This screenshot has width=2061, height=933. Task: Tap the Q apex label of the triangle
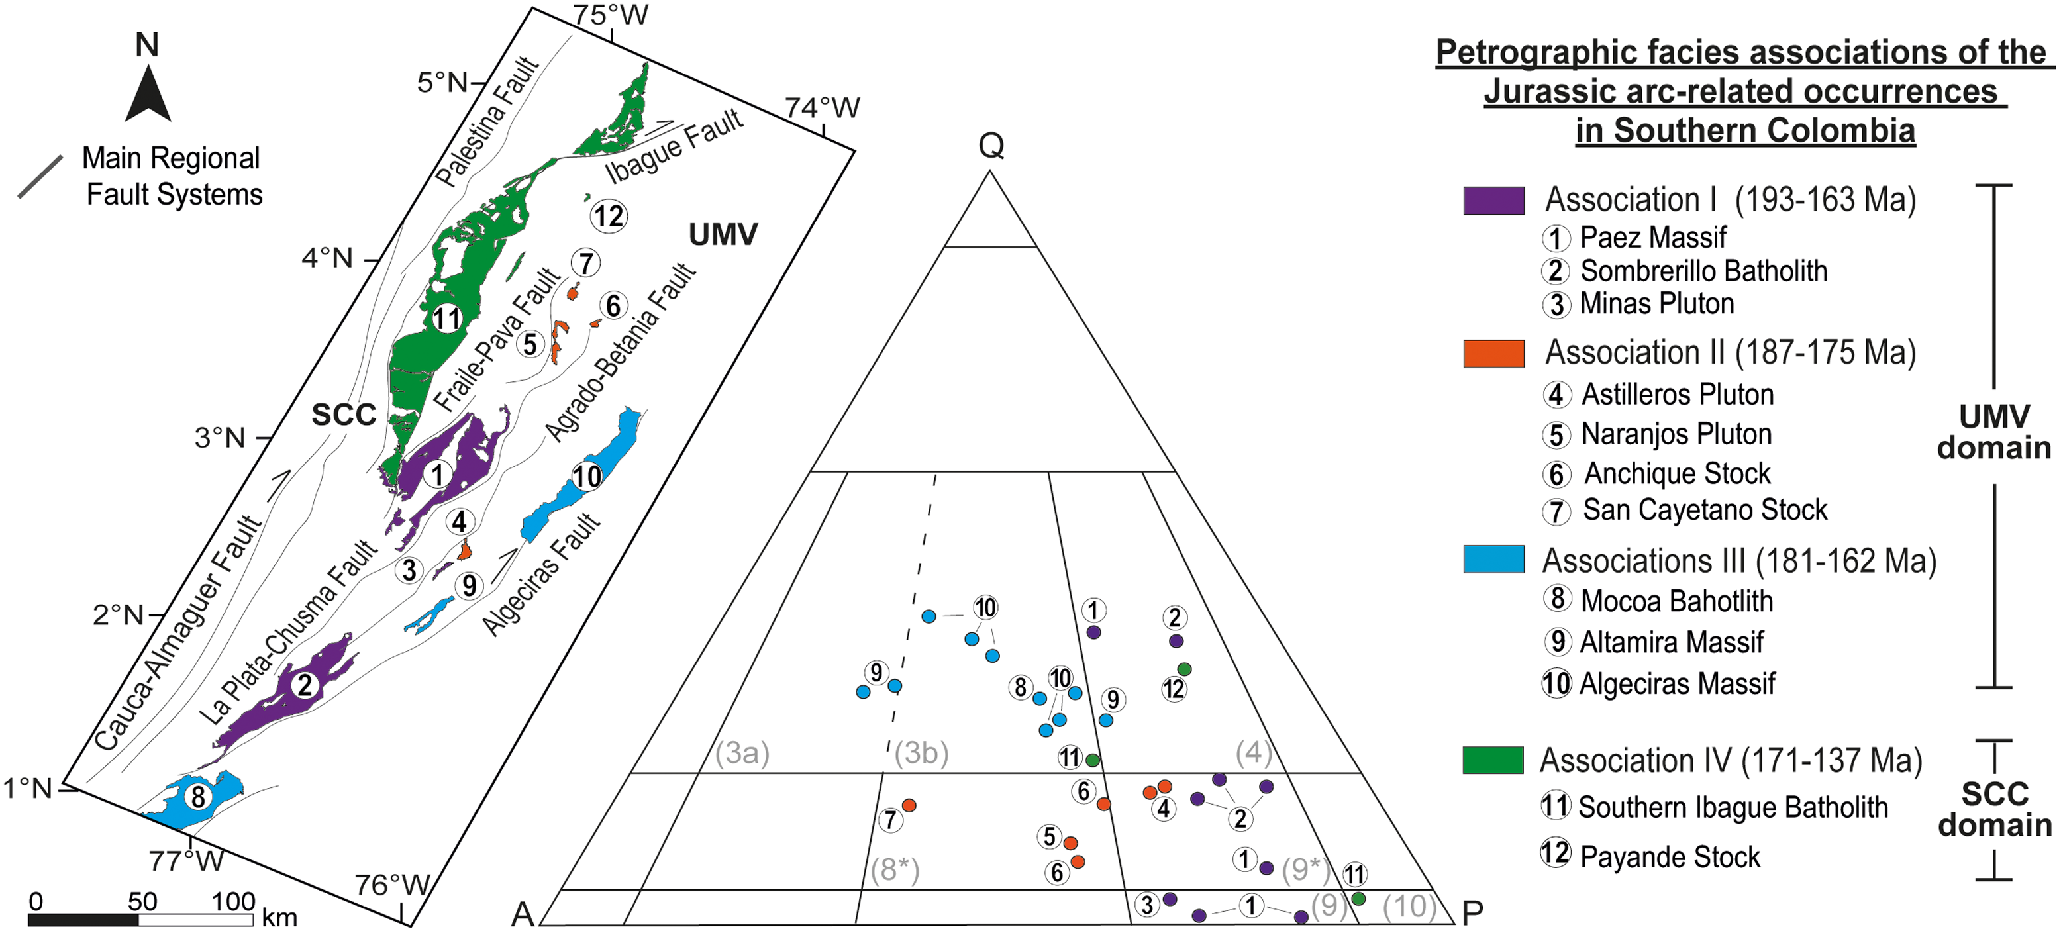991,146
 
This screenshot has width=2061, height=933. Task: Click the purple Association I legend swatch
1493,200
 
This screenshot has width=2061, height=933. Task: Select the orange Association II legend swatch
1493,353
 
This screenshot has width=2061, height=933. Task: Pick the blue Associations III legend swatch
1493,560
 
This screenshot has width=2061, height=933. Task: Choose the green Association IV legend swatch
1493,760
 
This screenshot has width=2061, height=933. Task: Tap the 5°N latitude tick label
442,82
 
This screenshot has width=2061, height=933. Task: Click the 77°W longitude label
186,860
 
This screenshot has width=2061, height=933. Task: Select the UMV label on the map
723,234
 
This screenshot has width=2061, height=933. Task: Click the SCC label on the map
343,415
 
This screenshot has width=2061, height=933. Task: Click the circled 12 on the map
609,216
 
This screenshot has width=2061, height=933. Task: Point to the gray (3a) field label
742,753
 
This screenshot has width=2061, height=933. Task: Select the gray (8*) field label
895,870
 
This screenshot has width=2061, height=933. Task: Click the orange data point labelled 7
909,805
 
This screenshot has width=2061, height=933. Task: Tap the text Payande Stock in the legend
1670,857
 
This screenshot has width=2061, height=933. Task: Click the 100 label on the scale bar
233,902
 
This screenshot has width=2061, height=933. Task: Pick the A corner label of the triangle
523,913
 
